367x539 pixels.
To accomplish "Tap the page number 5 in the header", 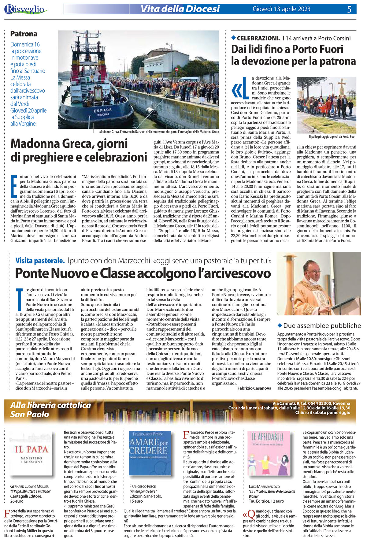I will pyautogui.click(x=349, y=9).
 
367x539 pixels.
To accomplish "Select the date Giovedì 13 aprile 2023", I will pyautogui.click(x=281, y=9).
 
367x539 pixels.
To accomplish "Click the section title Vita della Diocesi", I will pyautogui.click(x=180, y=9).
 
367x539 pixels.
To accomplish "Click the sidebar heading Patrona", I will pyautogui.click(x=24, y=34).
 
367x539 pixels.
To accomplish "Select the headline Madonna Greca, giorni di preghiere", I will pyautogui.click(x=79, y=150).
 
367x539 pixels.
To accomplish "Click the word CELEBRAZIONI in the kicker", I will pyautogui.click(x=258, y=38).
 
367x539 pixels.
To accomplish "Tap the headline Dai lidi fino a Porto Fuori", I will pyautogui.click(x=293, y=55).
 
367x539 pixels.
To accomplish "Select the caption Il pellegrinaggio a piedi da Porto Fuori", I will pyautogui.click(x=332, y=136).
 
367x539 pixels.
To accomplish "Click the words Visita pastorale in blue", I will pyautogui.click(x=40, y=261).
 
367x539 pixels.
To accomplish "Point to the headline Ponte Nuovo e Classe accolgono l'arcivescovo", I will pyautogui.click(x=143, y=273).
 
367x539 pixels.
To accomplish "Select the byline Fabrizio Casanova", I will pyautogui.click(x=254, y=388).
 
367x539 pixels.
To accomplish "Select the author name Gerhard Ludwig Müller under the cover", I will pyautogui.click(x=29, y=486).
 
